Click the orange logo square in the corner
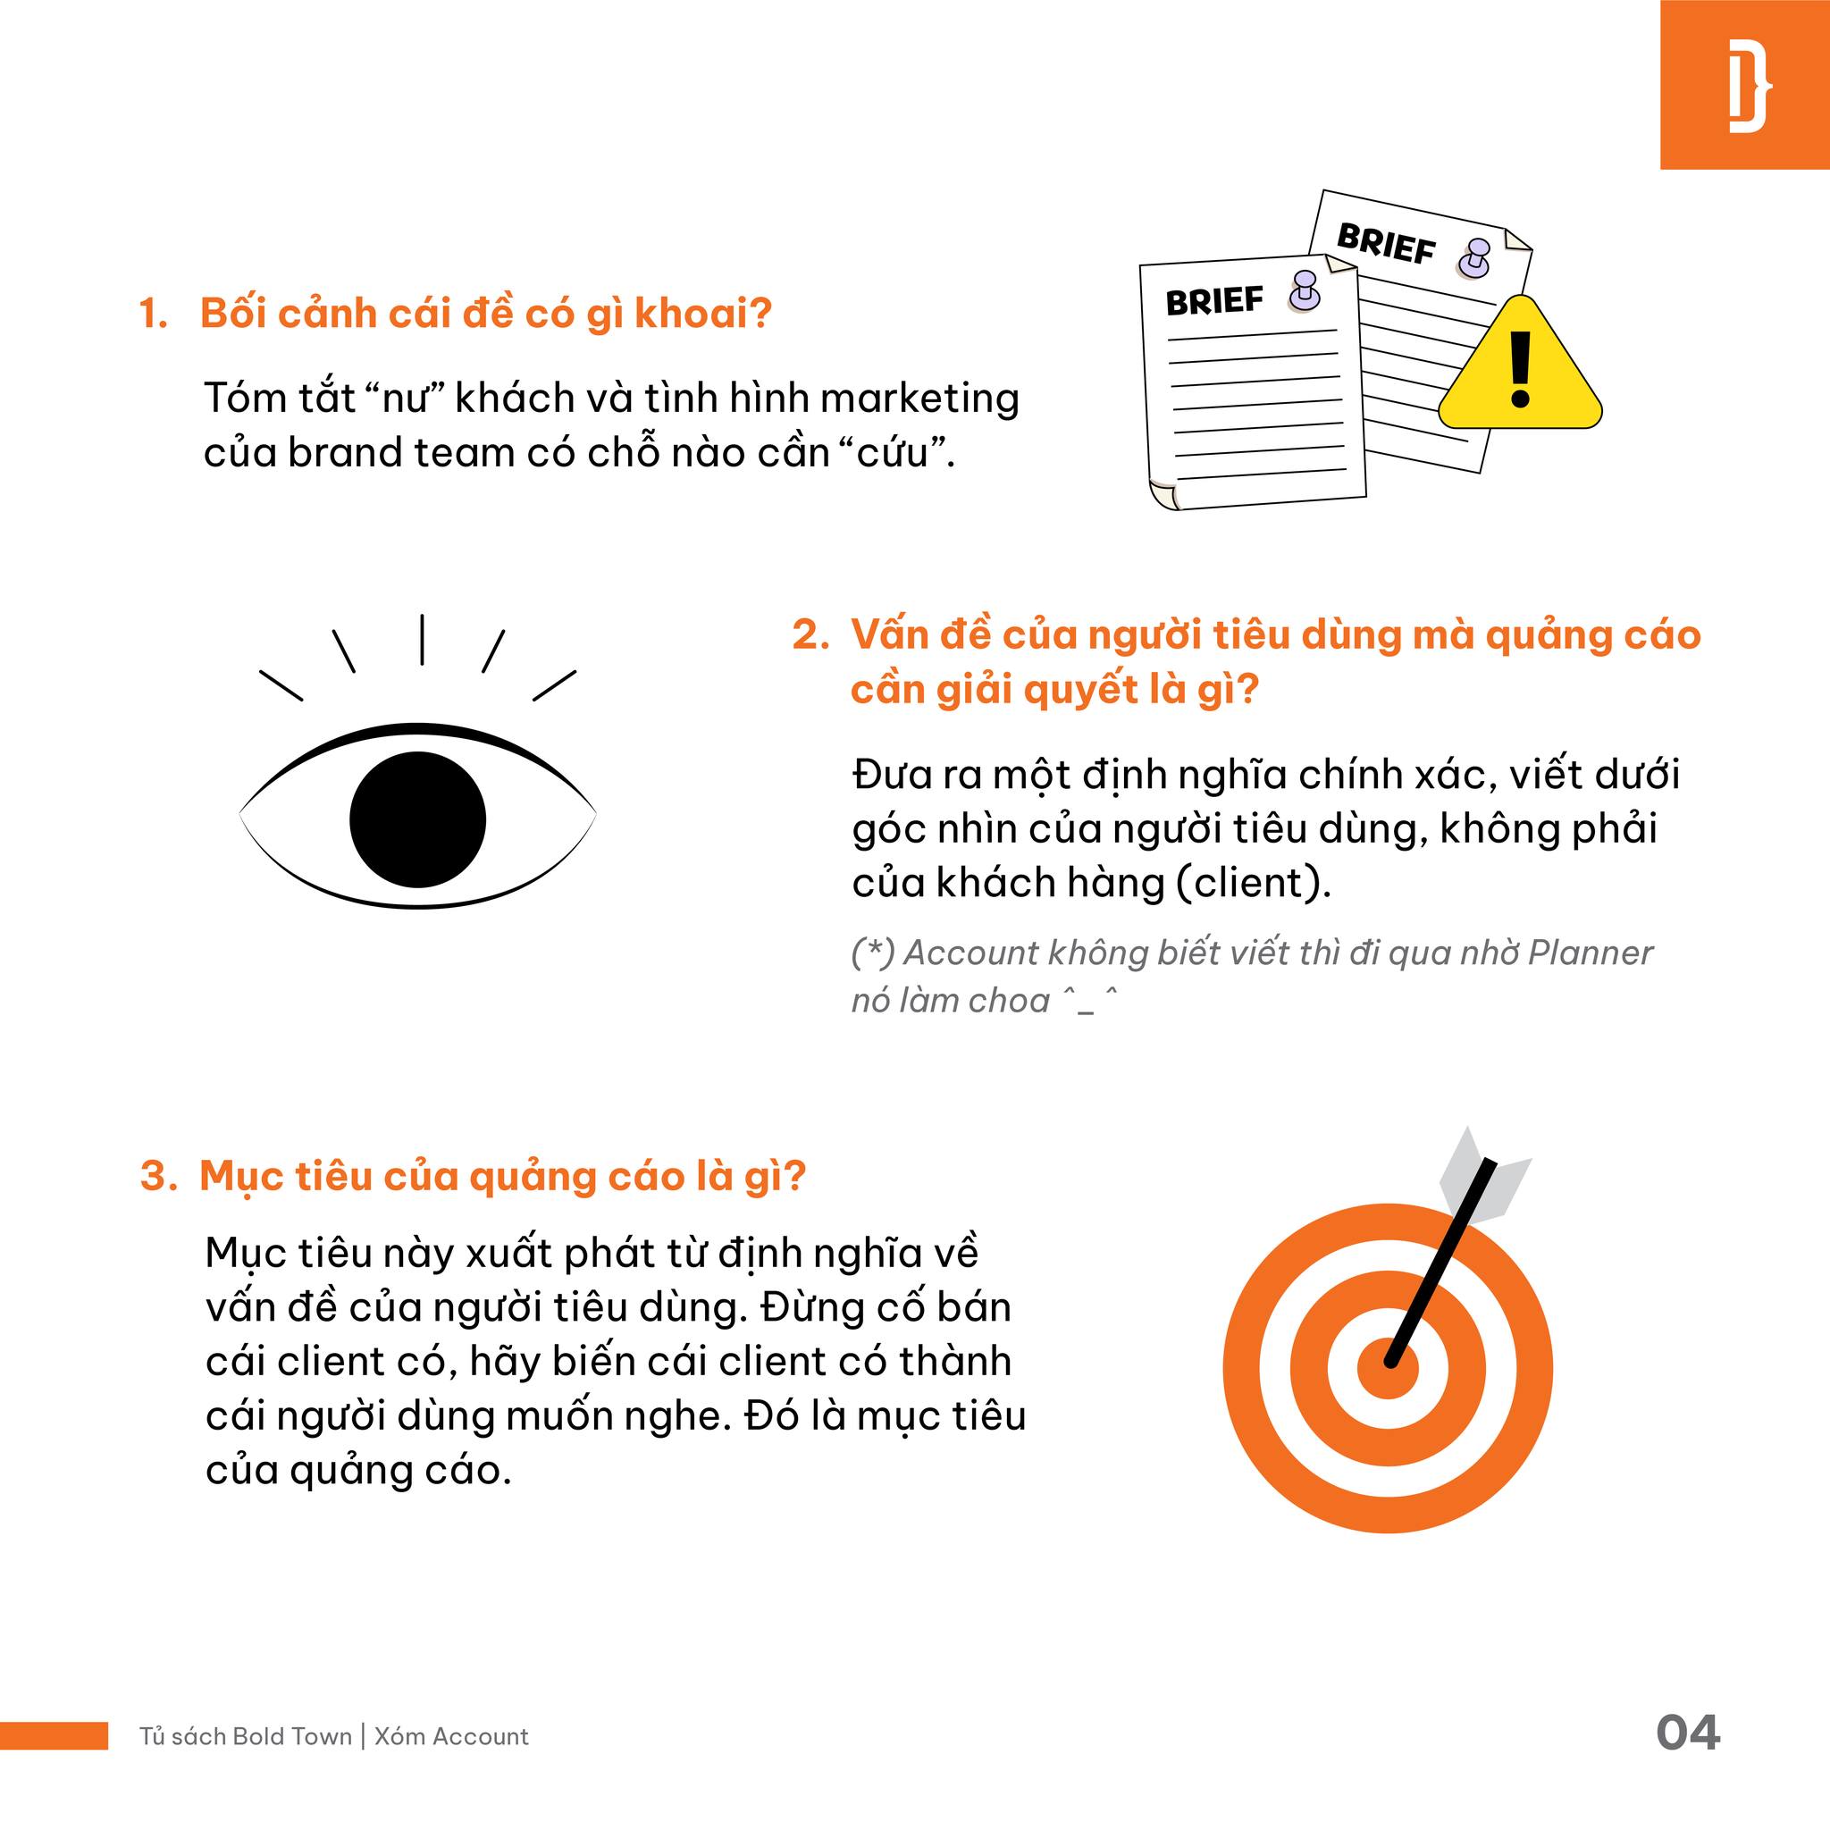click(1745, 84)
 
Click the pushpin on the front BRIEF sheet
click(1305, 290)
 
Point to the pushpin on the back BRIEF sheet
click(1473, 257)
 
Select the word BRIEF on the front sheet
click(1214, 301)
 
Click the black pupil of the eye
click(417, 819)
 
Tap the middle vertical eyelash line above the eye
click(422, 640)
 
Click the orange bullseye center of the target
click(1388, 1369)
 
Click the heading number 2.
click(810, 635)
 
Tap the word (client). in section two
click(1253, 884)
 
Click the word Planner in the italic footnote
click(1591, 953)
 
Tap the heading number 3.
click(158, 1177)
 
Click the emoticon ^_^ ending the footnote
click(1089, 1000)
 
